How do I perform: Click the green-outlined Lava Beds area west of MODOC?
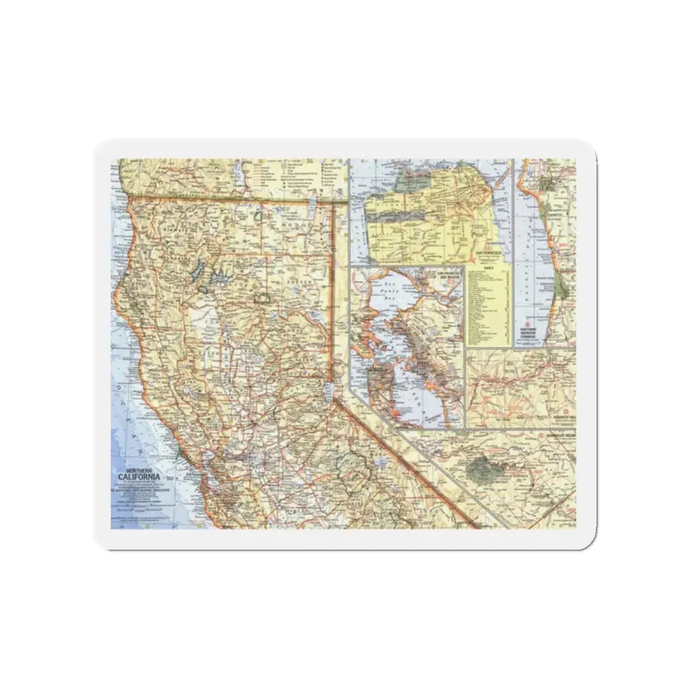[x=257, y=216]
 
